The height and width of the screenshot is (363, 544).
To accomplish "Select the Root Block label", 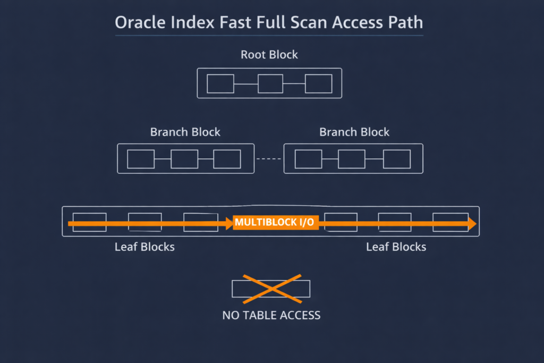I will click(x=269, y=55).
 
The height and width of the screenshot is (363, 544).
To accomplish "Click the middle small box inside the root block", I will click(x=270, y=84).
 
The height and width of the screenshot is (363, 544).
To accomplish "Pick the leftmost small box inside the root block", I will click(x=220, y=84).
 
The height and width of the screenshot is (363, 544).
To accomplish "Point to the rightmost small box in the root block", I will click(x=318, y=84).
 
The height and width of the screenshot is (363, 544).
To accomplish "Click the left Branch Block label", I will click(x=185, y=132).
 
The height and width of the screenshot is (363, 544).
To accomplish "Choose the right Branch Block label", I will click(x=354, y=132).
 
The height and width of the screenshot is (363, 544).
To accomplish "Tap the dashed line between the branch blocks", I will click(x=269, y=159).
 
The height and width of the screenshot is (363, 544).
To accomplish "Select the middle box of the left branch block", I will click(x=184, y=159).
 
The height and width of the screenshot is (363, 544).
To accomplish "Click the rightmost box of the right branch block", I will click(x=397, y=159).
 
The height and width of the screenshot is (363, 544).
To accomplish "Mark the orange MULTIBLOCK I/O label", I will click(x=275, y=223).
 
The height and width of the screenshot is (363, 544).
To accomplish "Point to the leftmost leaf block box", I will click(x=89, y=222).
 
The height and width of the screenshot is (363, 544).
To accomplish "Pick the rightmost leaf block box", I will click(x=449, y=222).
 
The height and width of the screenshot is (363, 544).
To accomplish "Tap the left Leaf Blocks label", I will click(x=144, y=247).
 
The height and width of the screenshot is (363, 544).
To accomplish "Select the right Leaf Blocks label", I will click(x=396, y=247).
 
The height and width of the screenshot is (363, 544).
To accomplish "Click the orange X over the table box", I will click(x=271, y=288).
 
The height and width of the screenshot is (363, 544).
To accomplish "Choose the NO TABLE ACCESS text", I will click(x=271, y=315).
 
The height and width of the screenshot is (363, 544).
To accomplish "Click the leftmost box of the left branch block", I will click(x=141, y=159).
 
